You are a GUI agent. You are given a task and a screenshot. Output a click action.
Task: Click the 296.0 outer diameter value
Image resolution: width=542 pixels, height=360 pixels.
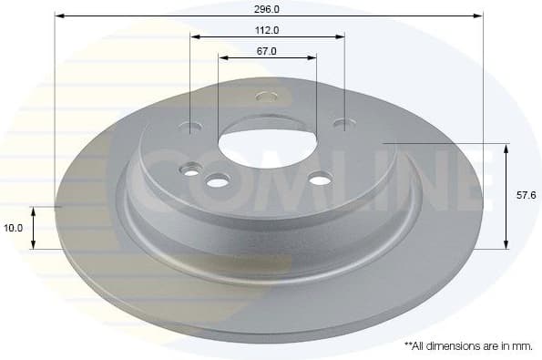[x=267, y=7]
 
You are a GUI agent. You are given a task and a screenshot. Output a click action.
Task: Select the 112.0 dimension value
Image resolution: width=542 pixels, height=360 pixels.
[x=267, y=29]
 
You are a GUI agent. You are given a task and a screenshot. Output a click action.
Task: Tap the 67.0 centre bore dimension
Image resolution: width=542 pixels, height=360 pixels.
[x=267, y=51]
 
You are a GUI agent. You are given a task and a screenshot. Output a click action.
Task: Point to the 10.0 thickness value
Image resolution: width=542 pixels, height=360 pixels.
[x=14, y=228]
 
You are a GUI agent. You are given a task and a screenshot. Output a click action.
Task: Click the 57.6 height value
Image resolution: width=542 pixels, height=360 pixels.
[x=526, y=195]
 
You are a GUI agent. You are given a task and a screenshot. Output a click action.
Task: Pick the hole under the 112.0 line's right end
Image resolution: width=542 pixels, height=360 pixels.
[x=342, y=123]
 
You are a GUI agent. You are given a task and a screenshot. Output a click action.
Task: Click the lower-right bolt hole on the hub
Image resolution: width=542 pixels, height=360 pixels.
[x=320, y=180]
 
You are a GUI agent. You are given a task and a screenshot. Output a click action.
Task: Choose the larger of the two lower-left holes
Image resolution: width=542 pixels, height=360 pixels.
[x=217, y=182]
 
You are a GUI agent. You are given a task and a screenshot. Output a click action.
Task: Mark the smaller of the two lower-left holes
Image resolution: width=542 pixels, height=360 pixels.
[x=190, y=169]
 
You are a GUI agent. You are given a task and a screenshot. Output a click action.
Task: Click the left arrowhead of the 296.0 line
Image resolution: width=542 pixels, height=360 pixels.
[x=59, y=15]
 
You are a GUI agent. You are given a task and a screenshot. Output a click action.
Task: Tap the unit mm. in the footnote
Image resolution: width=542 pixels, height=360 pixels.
[x=521, y=346]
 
